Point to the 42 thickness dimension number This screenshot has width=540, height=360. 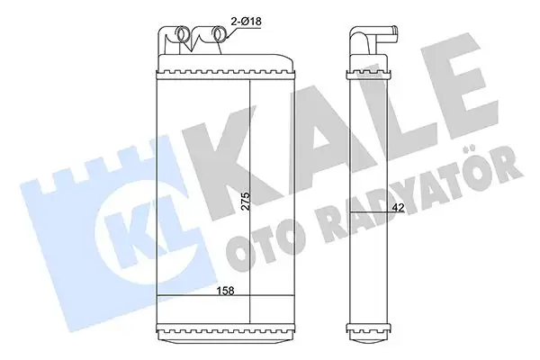[396, 209]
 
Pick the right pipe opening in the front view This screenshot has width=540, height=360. [218, 39]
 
